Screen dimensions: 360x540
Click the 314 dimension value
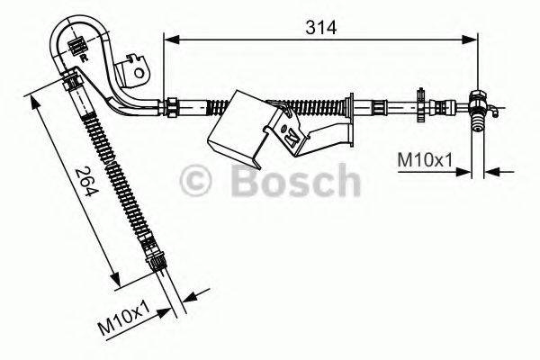pos(319,27)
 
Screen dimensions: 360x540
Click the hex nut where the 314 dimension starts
pos(168,106)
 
